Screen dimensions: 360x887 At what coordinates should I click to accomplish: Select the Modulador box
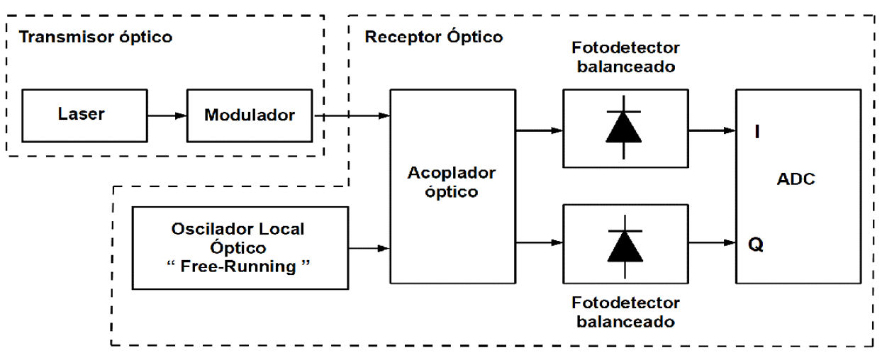(249, 115)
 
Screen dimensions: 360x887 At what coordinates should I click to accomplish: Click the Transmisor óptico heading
(95, 38)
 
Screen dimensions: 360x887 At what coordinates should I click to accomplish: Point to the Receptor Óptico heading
(434, 38)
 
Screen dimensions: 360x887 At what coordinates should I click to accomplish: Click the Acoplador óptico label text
(451, 182)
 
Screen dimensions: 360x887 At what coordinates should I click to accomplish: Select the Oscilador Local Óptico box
(240, 247)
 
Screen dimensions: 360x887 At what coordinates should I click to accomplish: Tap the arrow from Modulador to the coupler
(352, 115)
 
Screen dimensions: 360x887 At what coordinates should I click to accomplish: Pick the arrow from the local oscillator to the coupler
(369, 248)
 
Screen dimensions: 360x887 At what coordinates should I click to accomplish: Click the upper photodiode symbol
(625, 128)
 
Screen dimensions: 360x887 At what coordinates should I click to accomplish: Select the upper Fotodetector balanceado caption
(625, 57)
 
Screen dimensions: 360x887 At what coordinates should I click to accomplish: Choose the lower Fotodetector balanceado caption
(625, 312)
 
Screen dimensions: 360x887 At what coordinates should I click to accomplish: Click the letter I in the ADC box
(757, 132)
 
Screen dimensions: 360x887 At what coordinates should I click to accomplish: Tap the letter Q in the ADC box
(756, 244)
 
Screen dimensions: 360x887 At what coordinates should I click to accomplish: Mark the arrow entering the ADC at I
(712, 130)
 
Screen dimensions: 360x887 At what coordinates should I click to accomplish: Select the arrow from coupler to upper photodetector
(540, 130)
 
